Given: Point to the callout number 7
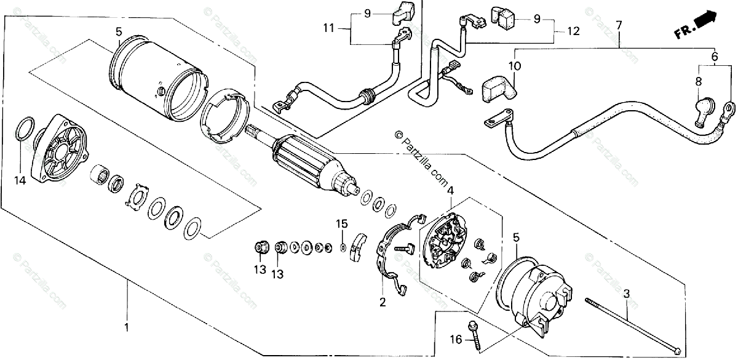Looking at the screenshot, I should [x=619, y=26].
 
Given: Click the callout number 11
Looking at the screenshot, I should [x=329, y=28].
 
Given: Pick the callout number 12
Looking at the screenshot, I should [x=573, y=30].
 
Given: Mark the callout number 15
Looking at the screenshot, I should [x=341, y=223].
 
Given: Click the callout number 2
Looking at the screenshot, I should [x=382, y=302].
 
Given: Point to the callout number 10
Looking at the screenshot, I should [x=514, y=65].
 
